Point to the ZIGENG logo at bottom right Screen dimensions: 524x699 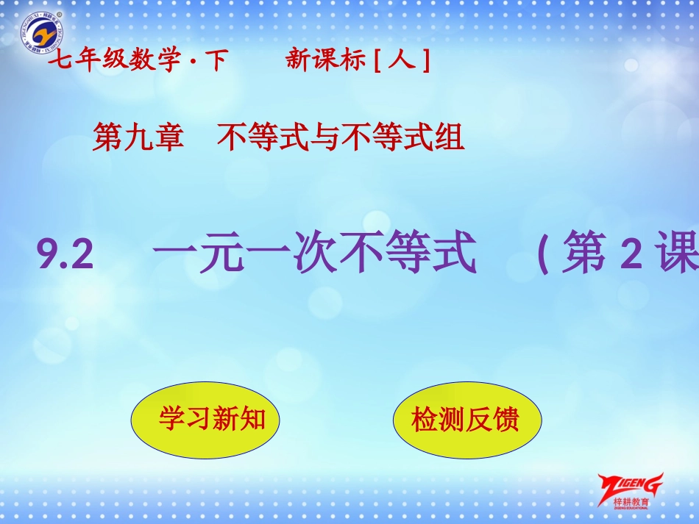[631, 485]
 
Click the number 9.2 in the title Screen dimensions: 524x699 [67, 258]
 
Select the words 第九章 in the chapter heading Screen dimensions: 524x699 [138, 137]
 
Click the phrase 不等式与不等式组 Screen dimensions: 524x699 [341, 137]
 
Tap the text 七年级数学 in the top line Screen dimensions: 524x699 [114, 62]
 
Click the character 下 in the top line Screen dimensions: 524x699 [216, 62]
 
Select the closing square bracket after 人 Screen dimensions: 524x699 [425, 62]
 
